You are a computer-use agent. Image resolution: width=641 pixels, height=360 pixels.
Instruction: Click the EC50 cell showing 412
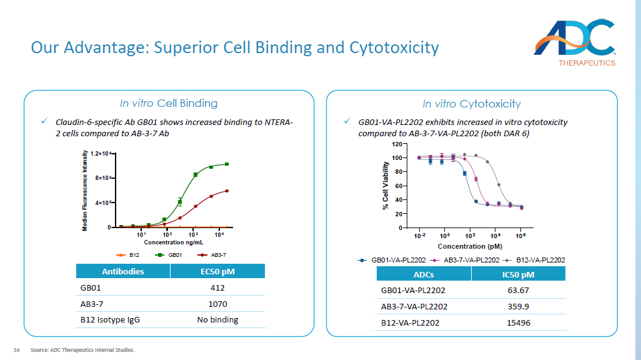click(217, 287)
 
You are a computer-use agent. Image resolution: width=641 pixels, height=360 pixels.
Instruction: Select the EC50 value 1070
click(217, 304)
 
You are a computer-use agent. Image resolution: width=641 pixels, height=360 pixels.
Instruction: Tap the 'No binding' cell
click(217, 319)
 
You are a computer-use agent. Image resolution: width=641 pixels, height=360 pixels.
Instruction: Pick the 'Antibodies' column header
click(122, 271)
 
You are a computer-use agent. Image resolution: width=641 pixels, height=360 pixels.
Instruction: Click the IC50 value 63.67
click(518, 290)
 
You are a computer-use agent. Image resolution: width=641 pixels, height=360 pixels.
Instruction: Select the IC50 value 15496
click(518, 322)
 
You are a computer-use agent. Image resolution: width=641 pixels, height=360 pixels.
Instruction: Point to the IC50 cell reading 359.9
click(518, 306)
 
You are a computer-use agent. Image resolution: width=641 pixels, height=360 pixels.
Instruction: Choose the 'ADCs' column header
click(423, 274)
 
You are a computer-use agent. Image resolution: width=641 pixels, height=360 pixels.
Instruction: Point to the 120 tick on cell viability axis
click(397, 144)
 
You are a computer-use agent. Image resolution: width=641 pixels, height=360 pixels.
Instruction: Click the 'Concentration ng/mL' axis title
click(174, 242)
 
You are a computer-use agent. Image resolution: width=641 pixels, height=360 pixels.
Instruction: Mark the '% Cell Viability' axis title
click(385, 186)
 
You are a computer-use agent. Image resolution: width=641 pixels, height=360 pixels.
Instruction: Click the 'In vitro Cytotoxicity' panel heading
click(472, 104)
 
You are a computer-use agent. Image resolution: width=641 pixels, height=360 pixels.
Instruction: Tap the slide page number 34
click(17, 349)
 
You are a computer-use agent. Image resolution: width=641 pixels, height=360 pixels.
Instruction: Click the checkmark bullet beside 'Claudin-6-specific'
click(44, 121)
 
